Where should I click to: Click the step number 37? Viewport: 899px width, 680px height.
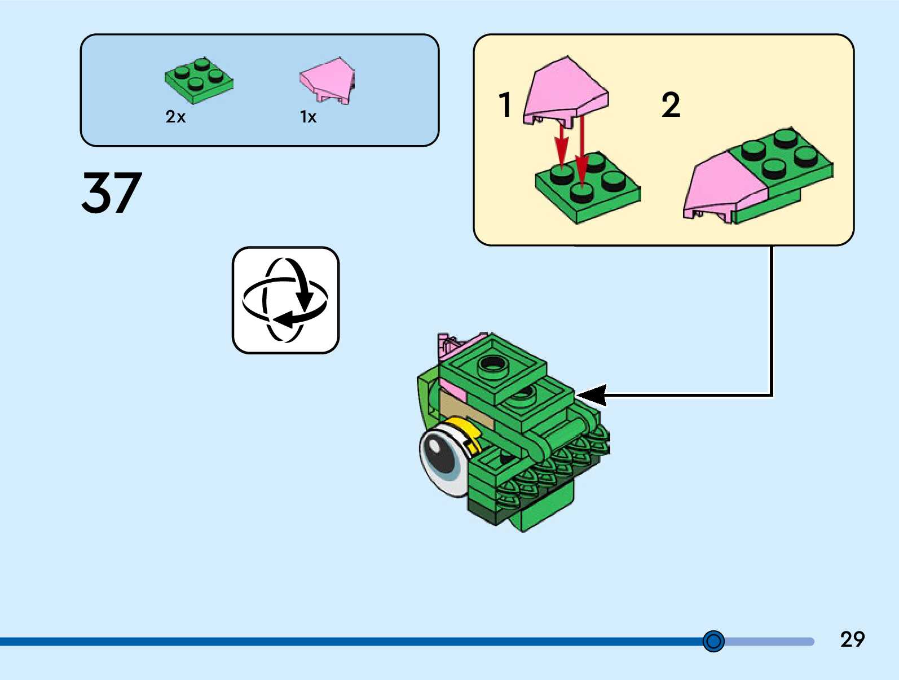tap(112, 193)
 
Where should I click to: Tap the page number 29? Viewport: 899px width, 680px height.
tap(852, 639)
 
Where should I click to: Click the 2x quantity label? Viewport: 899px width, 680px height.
tap(175, 117)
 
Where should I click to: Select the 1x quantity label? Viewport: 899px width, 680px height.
tap(308, 117)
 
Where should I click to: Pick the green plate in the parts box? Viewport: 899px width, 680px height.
tap(199, 81)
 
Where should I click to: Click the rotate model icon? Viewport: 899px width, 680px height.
tap(285, 300)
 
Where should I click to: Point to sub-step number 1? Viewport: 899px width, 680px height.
tap(505, 105)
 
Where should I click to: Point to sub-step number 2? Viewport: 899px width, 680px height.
tap(671, 105)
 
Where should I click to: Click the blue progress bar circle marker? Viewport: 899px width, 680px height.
tap(713, 641)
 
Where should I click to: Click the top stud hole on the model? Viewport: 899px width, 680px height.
tap(493, 365)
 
